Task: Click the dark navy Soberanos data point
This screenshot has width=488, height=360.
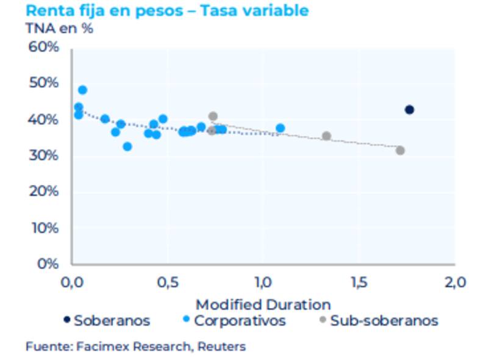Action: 409,110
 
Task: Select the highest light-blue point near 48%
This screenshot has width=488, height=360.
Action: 82,90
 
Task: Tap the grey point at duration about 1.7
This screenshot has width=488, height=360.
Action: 400,150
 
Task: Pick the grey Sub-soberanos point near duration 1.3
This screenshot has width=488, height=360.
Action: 326,136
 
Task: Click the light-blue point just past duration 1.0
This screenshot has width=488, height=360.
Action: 280,128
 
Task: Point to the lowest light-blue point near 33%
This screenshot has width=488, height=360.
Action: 127,146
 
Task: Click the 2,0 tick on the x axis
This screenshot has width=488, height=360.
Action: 454,283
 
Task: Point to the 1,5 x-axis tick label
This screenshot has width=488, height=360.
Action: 359,283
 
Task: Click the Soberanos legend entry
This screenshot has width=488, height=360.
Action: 107,320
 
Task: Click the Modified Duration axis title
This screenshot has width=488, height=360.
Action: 263,304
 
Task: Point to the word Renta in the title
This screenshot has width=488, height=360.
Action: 49,10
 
